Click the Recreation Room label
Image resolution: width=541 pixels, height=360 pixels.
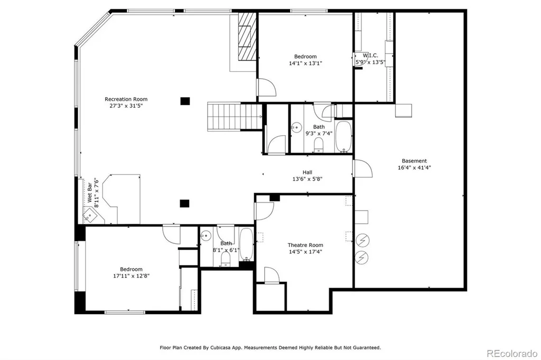tap(126, 99)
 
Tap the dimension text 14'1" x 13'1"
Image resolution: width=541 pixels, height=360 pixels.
tap(305, 63)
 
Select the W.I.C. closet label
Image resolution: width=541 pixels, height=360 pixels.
tap(370, 55)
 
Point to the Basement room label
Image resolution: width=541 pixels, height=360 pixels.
tap(414, 161)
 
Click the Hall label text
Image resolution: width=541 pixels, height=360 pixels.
tap(307, 173)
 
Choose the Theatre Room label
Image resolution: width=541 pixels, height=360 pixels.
tap(305, 245)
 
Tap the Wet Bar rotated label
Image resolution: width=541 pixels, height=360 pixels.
tap(90, 193)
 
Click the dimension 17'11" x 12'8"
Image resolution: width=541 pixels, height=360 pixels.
tap(131, 276)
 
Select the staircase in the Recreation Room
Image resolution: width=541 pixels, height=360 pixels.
tap(235, 117)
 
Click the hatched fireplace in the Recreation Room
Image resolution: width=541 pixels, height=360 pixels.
tap(247, 36)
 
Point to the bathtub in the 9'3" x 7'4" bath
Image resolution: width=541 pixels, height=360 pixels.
tap(343, 136)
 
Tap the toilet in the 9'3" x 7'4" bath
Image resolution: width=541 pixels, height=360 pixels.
tap(318, 145)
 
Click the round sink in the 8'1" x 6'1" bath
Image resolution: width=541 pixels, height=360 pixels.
tap(206, 236)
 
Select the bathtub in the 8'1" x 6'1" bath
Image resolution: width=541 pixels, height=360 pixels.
tap(246, 244)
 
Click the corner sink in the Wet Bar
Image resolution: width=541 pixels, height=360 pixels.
tap(90, 215)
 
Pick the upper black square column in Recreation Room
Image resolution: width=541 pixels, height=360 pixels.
tap(185, 101)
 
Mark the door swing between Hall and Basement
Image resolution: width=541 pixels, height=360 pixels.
tap(363, 168)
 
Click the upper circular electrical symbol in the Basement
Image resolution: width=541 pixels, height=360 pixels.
tap(362, 240)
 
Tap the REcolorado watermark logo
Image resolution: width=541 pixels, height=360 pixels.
tap(512, 354)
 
